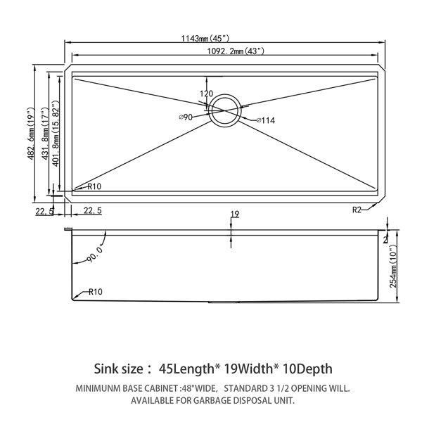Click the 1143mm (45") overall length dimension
tap(205, 39)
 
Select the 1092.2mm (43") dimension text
tap(236, 51)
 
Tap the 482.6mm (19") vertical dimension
tap(31, 134)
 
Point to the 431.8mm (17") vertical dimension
tap(45, 134)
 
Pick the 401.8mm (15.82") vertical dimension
tap(55, 134)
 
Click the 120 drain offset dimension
tap(206, 94)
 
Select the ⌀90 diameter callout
tap(186, 117)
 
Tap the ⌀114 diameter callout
tap(266, 120)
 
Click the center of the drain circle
tap(225, 110)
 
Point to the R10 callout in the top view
tap(94, 186)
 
